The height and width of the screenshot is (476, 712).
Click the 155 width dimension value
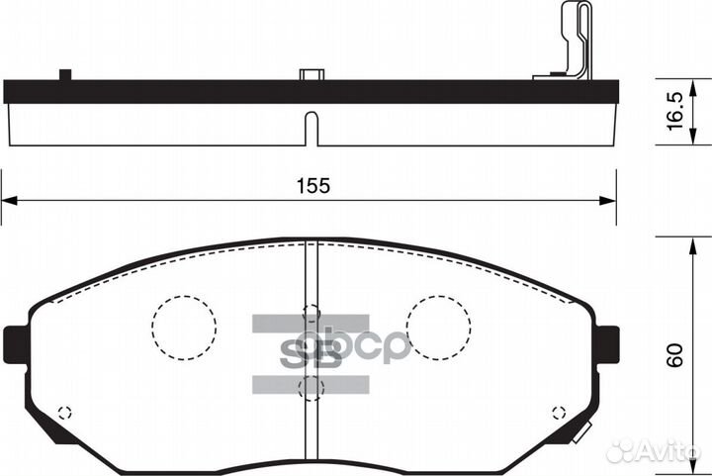click(x=311, y=185)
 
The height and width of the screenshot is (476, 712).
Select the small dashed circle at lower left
click(x=65, y=413)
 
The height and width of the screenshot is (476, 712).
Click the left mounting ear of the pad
click(x=15, y=342)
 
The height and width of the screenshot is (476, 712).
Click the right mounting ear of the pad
click(x=608, y=342)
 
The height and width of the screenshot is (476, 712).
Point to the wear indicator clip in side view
click(x=571, y=45)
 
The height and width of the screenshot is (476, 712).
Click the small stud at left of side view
click(x=66, y=75)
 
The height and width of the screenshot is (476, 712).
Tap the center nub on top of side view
click(x=311, y=74)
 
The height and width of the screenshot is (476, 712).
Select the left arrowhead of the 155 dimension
click(x=8, y=200)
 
